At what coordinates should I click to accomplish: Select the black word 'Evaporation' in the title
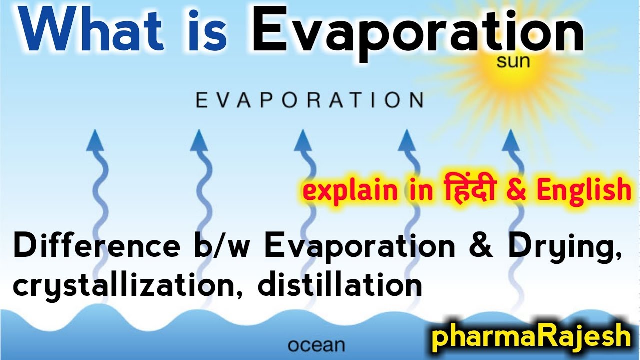coord(417,32)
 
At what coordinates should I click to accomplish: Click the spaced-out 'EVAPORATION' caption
coord(309,100)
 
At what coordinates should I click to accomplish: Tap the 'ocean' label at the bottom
coord(316,345)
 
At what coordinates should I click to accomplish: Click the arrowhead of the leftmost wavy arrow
coord(94,140)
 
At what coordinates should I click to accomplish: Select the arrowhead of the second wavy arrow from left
coord(198,140)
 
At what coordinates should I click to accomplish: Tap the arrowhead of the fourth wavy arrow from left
coord(406,140)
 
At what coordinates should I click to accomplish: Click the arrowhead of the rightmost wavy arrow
coord(509,140)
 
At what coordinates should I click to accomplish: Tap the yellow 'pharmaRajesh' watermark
coord(531,336)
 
